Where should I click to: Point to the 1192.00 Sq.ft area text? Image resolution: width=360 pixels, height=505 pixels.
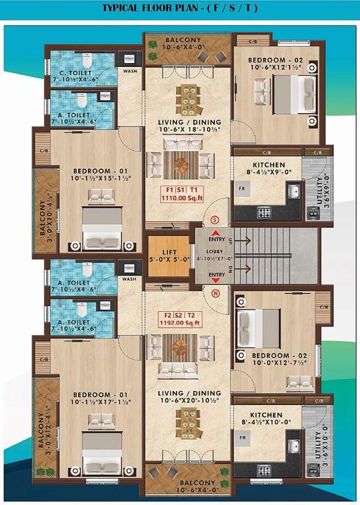187,323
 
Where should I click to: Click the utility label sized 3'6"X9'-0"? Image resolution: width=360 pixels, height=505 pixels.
321,192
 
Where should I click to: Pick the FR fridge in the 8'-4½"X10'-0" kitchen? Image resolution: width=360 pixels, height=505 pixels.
242,437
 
